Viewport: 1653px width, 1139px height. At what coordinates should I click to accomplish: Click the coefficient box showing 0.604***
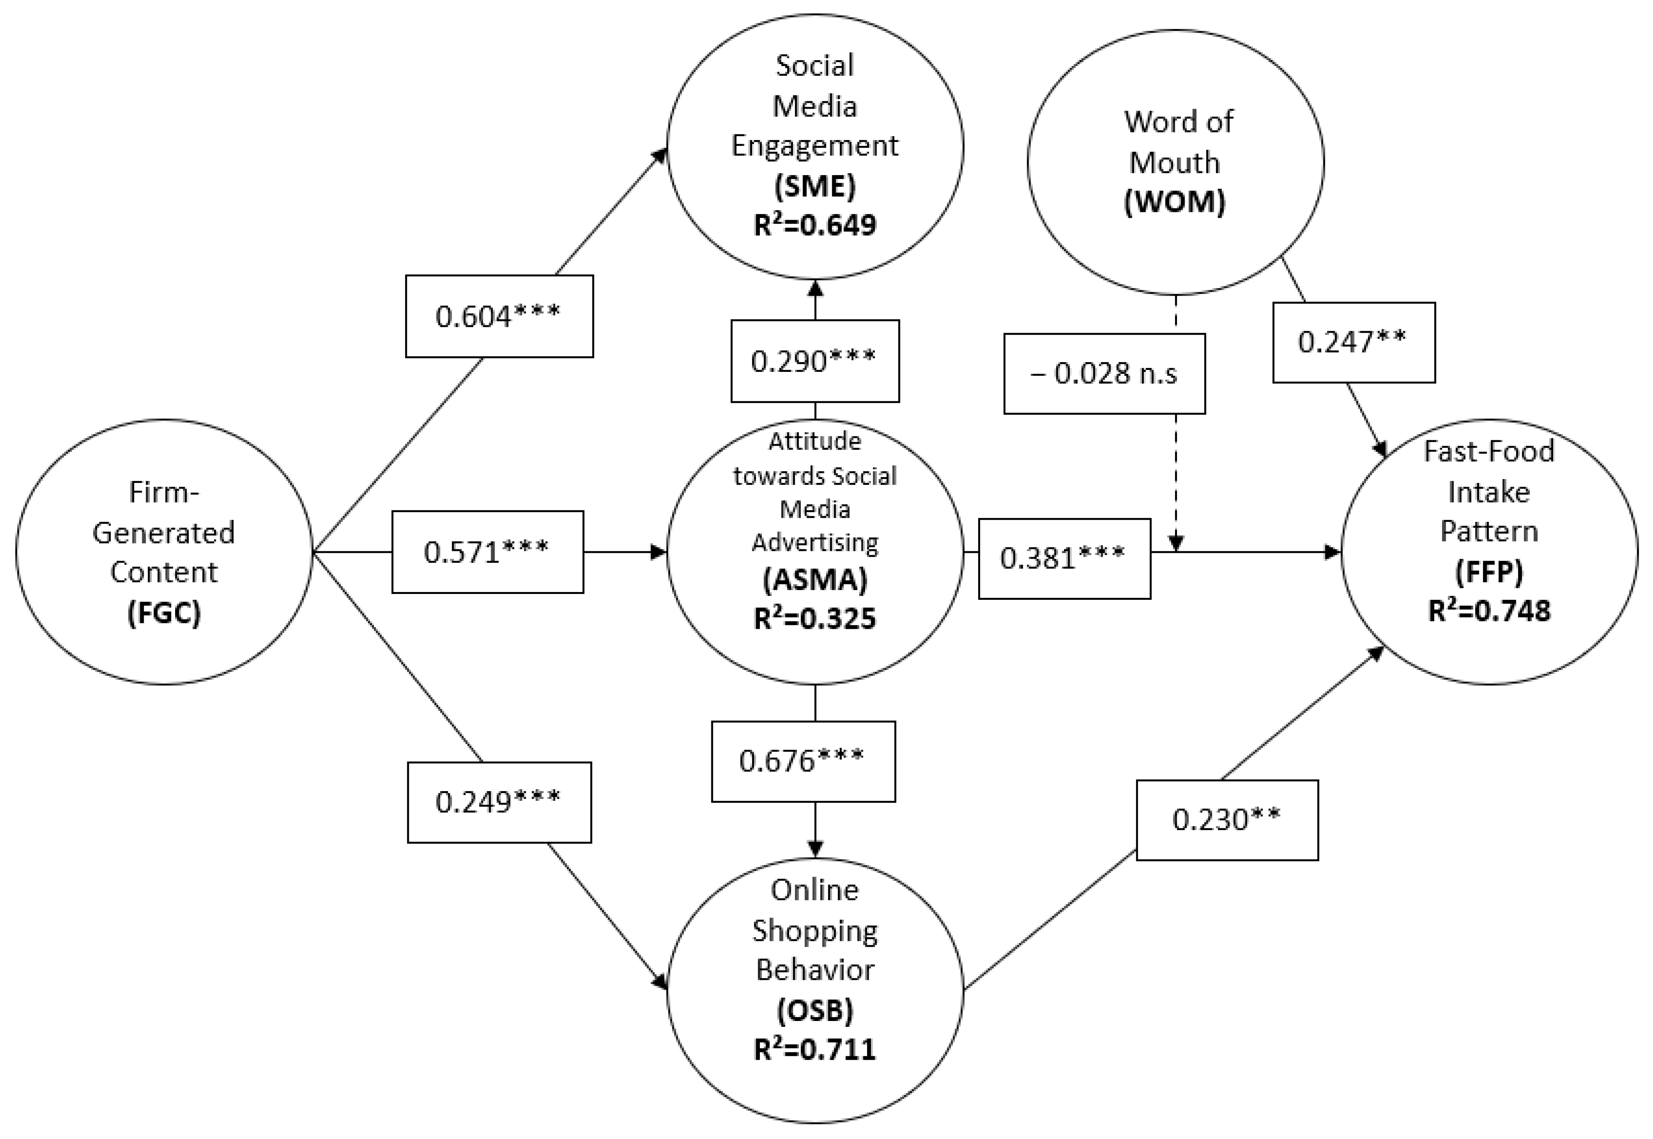[x=499, y=316]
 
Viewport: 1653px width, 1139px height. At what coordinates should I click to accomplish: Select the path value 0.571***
[x=487, y=552]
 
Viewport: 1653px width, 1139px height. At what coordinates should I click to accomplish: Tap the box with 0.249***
[x=499, y=802]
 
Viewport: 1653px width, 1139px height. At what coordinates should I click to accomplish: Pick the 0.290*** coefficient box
[x=814, y=361]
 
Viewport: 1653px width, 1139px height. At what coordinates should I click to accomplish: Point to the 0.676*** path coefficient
[x=803, y=762]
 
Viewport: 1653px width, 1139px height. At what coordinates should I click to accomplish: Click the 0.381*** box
[x=1064, y=558]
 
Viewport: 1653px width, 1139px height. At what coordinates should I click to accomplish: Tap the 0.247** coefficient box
[x=1353, y=342]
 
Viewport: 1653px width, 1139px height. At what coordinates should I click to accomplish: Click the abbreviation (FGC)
[x=164, y=612]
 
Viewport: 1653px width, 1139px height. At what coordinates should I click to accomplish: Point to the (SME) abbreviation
[x=814, y=186]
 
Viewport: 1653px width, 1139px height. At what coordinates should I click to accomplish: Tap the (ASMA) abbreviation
[x=814, y=580]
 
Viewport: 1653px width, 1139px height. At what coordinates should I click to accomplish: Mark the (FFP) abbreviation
[x=1489, y=572]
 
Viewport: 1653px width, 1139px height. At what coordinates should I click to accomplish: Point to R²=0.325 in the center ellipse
[x=814, y=618]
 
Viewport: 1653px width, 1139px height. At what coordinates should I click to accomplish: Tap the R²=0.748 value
[x=1489, y=611]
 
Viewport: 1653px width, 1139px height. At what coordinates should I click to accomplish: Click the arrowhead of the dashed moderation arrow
[x=1175, y=544]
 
